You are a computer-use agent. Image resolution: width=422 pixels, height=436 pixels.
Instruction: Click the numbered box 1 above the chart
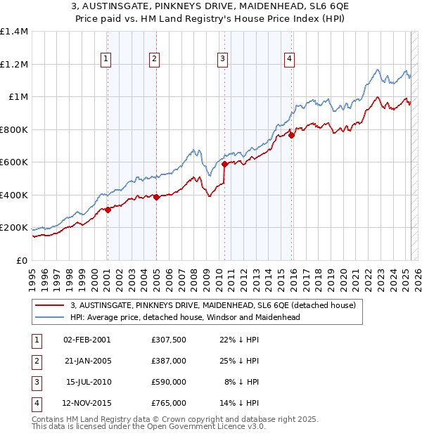point(105,60)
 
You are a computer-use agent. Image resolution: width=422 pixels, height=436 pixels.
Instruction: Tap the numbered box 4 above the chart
point(289,60)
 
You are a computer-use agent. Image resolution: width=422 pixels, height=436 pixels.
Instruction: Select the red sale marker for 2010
point(224,165)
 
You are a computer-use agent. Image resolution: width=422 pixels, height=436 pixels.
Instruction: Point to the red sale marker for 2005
point(156,198)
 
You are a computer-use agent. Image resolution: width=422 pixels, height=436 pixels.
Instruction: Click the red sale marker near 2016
point(291,136)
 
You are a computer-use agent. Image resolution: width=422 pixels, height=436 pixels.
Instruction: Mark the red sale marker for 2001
point(108,210)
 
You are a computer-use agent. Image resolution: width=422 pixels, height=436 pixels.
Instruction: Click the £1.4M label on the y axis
point(14,32)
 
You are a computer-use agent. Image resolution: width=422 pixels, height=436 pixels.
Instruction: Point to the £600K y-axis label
point(14,162)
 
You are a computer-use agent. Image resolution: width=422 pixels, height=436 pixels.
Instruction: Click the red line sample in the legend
point(51,305)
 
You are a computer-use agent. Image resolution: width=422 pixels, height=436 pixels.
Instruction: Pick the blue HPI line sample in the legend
point(51,317)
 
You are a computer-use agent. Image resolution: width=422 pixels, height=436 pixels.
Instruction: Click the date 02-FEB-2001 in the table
point(87,339)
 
